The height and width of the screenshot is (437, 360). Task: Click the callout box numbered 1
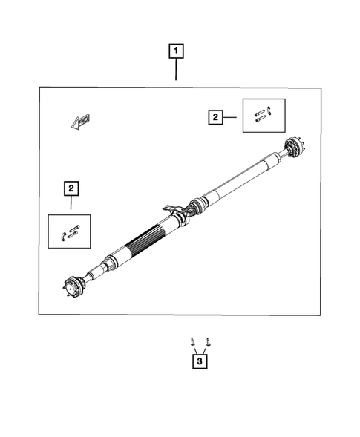(x=175, y=52)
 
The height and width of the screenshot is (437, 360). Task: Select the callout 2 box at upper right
(x=215, y=116)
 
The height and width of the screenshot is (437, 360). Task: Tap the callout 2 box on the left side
(x=71, y=188)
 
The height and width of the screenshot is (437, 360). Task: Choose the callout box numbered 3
(x=200, y=362)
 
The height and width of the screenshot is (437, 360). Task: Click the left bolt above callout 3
(x=193, y=342)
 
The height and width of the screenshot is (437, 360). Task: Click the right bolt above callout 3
(x=208, y=342)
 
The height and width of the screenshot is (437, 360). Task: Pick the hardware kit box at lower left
(x=69, y=232)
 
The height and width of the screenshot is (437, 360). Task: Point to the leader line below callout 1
(x=175, y=70)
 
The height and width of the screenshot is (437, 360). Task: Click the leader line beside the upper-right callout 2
(x=232, y=116)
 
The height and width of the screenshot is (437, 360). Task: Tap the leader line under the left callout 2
(x=71, y=205)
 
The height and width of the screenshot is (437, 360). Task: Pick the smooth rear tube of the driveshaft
(x=238, y=183)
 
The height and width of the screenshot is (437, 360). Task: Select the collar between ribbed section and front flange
(x=110, y=262)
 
